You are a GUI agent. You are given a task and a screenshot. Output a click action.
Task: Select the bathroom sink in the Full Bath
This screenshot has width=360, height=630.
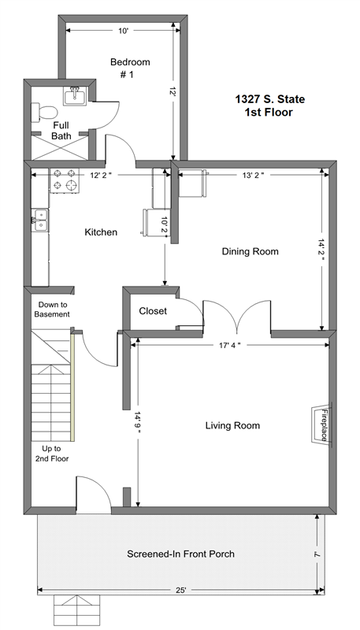(75, 96)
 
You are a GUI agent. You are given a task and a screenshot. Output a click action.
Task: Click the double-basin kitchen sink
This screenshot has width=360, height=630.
(39, 219)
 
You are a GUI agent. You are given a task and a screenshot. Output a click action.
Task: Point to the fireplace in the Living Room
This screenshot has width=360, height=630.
(321, 425)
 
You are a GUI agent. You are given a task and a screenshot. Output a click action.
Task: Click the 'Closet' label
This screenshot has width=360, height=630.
(153, 311)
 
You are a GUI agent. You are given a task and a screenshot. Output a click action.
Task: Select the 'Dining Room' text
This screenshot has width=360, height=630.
(251, 252)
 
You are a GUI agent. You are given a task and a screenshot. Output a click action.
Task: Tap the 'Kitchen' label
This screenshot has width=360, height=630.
(102, 232)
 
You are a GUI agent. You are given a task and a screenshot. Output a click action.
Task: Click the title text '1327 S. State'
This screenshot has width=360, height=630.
(269, 99)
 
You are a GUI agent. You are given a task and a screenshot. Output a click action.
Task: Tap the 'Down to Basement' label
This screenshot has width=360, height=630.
(53, 309)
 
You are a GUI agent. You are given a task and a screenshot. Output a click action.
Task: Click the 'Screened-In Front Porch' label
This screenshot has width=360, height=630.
(181, 554)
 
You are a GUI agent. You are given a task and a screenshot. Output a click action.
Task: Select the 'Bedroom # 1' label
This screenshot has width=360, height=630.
(130, 69)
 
